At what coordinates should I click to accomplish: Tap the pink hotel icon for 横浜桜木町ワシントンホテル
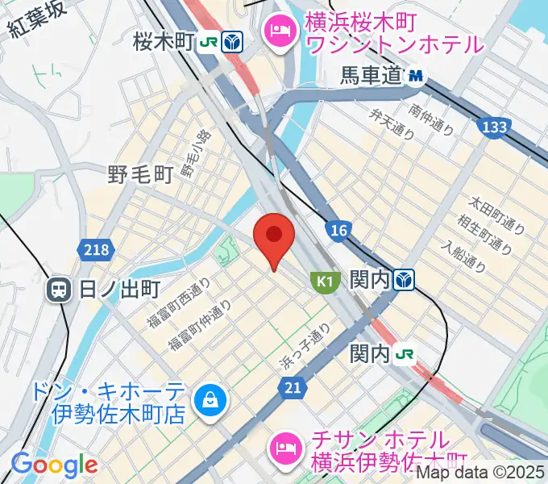point(281,32)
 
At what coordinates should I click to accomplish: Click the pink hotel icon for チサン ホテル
point(286,444)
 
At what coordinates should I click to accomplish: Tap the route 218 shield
point(95,251)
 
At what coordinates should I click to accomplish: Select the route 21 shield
point(293,389)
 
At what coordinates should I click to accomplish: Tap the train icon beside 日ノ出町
point(60,290)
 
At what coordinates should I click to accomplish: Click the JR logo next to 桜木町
point(209,42)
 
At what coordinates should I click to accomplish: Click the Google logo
point(54,465)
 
